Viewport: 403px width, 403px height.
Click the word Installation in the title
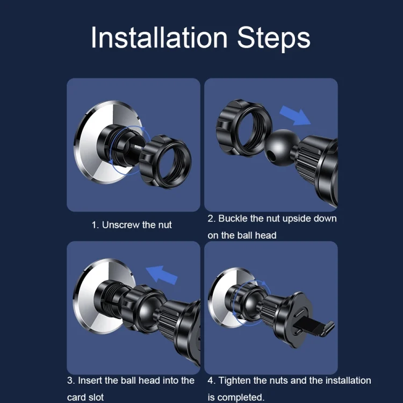pyautogui.click(x=160, y=38)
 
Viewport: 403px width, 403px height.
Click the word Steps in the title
pyautogui.click(x=274, y=39)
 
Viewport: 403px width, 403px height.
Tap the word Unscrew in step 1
pyautogui.click(x=120, y=225)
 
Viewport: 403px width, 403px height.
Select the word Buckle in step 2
pyautogui.click(x=233, y=219)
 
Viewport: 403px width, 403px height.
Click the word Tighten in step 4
pyautogui.click(x=234, y=381)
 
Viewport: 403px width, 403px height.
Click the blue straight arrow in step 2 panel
pyautogui.click(x=295, y=116)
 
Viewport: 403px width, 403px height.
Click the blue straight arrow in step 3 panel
pyautogui.click(x=162, y=275)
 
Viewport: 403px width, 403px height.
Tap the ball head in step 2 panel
pyautogui.click(x=281, y=147)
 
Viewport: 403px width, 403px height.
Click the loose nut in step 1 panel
pyautogui.click(x=165, y=162)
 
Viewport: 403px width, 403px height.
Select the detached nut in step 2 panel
pyautogui.click(x=243, y=128)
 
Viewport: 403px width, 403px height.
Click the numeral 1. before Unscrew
pyautogui.click(x=95, y=225)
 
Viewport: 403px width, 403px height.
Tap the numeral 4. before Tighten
pyautogui.click(x=212, y=380)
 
